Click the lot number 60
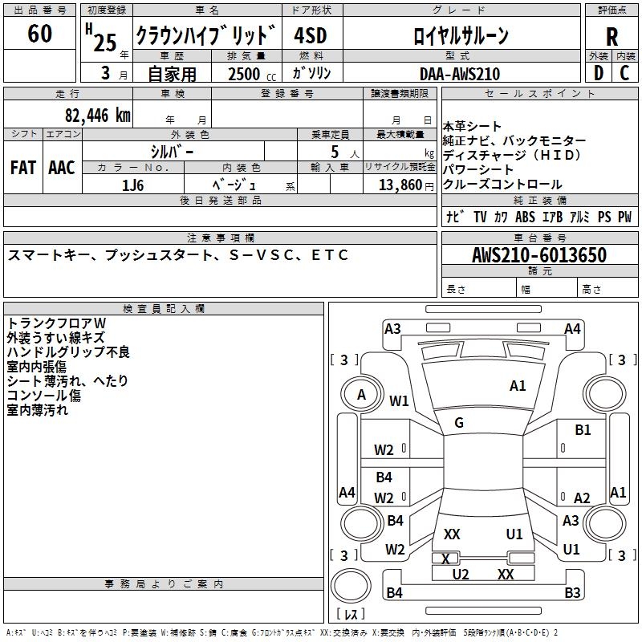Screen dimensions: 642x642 [x=39, y=35]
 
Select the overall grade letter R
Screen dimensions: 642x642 [x=612, y=37]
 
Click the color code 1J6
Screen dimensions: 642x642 [x=133, y=185]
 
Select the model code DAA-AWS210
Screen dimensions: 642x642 [x=459, y=75]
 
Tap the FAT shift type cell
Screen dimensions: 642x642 [x=23, y=168]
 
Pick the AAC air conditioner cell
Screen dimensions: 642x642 [x=62, y=168]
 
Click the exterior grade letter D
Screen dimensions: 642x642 [x=598, y=74]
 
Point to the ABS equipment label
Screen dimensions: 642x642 [x=525, y=217]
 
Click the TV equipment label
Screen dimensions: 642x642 [x=480, y=217]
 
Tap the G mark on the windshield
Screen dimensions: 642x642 [x=459, y=423]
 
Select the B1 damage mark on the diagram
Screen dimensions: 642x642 [x=583, y=430]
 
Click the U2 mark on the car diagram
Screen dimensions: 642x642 [x=461, y=574]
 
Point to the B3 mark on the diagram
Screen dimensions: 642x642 [x=571, y=594]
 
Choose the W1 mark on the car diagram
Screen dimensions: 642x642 [x=399, y=400]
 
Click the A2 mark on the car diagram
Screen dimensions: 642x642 [x=582, y=498]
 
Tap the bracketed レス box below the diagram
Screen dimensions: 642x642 [x=350, y=616]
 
